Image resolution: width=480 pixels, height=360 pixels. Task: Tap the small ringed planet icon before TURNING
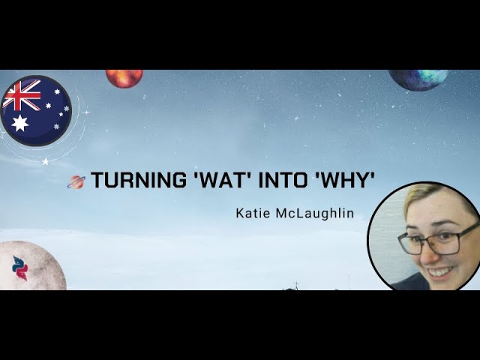pos(77,181)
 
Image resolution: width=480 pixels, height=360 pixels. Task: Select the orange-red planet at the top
pos(124,77)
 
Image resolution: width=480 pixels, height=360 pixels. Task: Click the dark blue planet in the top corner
pos(418,78)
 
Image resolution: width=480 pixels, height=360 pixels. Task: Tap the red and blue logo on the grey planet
pos(20,267)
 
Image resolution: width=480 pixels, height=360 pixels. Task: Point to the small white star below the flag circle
pos(46,161)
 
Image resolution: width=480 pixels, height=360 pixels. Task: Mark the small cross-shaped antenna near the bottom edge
pos(296,285)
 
